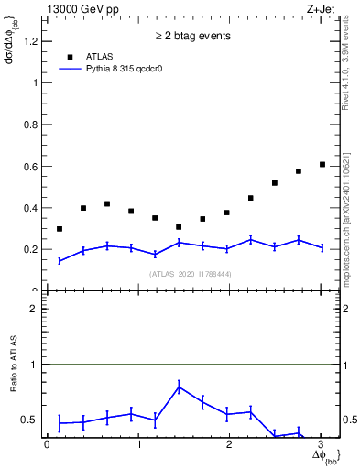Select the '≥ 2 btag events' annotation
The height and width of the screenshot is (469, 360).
[192, 37]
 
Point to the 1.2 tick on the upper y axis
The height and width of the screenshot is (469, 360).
[33, 40]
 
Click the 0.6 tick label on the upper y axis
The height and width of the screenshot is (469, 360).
[33, 166]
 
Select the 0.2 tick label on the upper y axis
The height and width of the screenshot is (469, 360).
[33, 249]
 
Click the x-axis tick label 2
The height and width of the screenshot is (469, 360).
[230, 444]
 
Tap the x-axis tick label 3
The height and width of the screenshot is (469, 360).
[322, 444]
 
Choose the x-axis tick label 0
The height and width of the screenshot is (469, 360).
[47, 444]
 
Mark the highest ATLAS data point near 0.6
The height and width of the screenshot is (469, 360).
[322, 164]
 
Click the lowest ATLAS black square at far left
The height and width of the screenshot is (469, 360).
[60, 229]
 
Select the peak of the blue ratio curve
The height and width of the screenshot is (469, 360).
[179, 387]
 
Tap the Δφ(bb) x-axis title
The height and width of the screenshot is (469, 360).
[325, 456]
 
